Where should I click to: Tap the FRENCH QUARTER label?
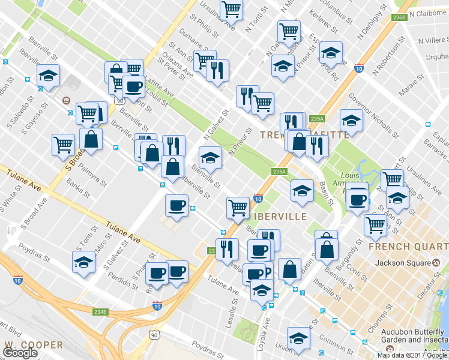408,247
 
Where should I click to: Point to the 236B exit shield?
400,18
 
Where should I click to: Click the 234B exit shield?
100,312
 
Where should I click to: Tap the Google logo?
20,353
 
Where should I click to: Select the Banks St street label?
78,188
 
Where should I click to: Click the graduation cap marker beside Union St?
298,337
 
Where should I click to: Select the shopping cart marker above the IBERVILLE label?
238,207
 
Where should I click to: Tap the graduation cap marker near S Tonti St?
83,261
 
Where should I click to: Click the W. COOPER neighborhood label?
34,345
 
